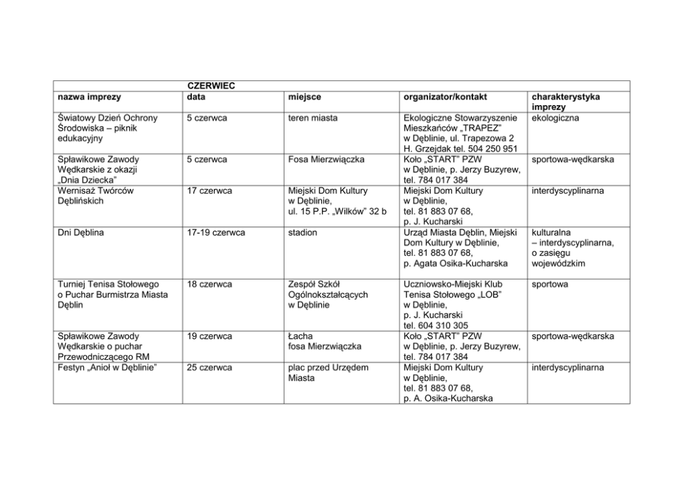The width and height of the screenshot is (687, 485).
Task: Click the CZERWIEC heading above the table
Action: [x=211, y=86]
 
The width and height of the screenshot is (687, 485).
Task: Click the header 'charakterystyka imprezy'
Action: [x=566, y=102]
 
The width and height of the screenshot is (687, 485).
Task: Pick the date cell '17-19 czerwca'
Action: [x=216, y=232]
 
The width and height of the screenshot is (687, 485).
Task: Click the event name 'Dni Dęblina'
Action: [x=81, y=232]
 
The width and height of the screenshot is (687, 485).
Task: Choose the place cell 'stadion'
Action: [x=303, y=232]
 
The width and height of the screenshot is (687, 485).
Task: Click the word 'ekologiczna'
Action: [x=556, y=118]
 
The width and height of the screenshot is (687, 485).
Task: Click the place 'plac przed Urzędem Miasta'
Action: [x=328, y=373]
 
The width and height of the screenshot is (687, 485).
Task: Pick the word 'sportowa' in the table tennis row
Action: [x=550, y=284]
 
